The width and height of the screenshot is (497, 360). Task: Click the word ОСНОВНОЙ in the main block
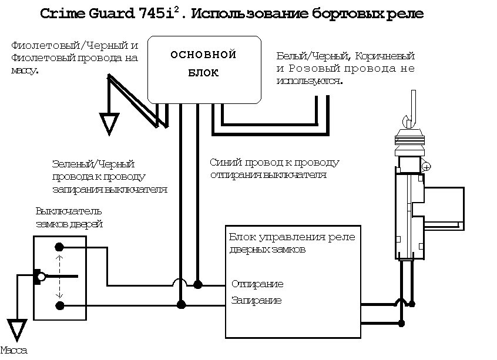click(x=203, y=55)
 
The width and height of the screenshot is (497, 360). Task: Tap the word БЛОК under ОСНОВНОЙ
click(x=203, y=73)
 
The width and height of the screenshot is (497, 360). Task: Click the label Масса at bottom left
click(x=14, y=351)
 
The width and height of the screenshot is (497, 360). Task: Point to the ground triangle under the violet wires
click(x=109, y=123)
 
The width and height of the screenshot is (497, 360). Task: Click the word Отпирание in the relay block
click(x=257, y=284)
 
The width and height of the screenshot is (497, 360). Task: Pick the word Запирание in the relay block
click(x=256, y=301)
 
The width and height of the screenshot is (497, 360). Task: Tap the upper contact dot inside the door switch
click(x=59, y=247)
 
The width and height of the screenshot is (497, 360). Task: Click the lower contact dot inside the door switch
click(x=59, y=305)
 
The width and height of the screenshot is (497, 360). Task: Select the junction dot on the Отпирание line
click(x=198, y=285)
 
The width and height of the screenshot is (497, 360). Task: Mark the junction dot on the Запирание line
click(x=181, y=304)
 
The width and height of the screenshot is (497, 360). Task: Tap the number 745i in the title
click(x=159, y=14)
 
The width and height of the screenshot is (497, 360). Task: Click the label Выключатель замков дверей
click(x=69, y=217)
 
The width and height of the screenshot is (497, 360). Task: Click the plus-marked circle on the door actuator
click(x=427, y=167)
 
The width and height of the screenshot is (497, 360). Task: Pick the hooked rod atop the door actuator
click(x=411, y=112)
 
